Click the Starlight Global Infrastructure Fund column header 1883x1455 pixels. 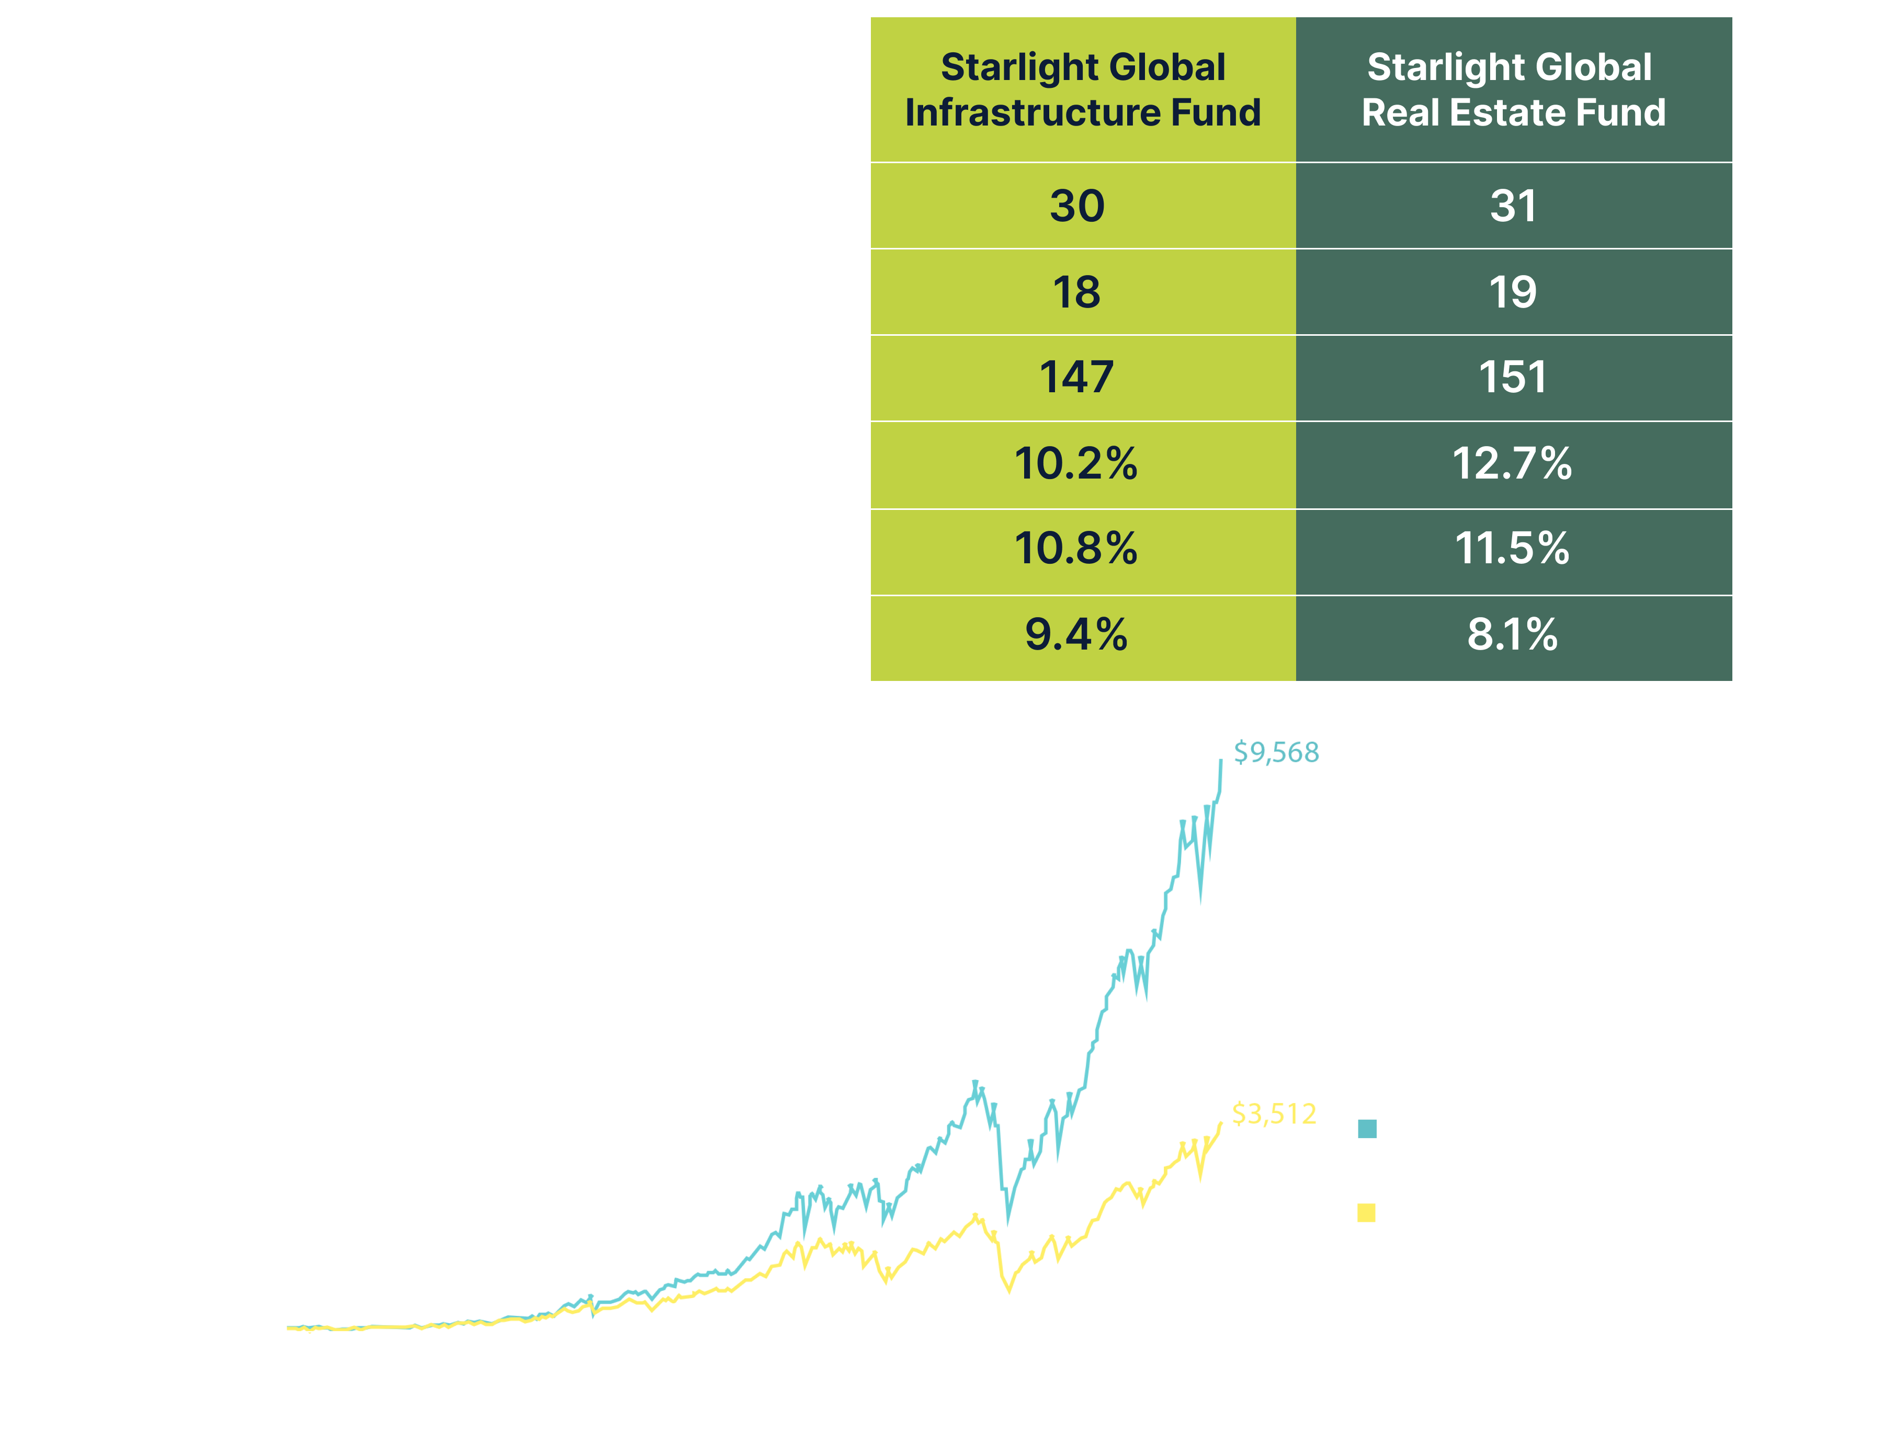pyautogui.click(x=1082, y=89)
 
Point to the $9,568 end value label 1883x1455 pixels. pyautogui.click(x=1276, y=753)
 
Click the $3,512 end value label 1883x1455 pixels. pyautogui.click(x=1274, y=1115)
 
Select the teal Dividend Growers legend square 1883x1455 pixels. pyautogui.click(x=1367, y=1129)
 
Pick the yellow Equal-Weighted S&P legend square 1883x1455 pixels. pyautogui.click(x=1367, y=1214)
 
